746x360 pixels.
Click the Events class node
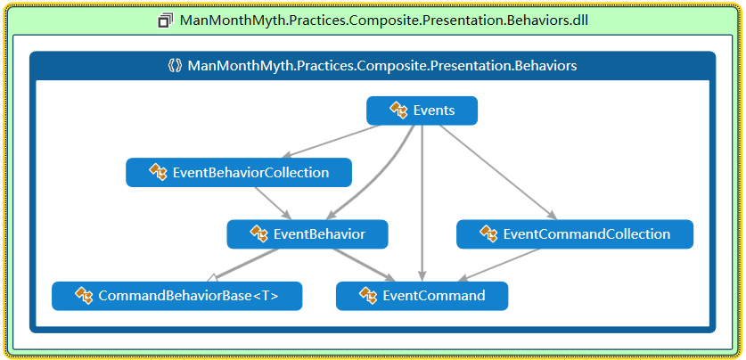422,110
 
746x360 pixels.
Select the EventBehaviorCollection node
239,172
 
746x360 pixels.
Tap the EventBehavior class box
307,234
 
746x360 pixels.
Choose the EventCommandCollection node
575,234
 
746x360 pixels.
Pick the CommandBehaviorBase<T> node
177,296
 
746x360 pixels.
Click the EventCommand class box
422,296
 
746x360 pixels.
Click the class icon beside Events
398,110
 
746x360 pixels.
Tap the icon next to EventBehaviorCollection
158,172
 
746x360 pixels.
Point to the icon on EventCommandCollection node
488,234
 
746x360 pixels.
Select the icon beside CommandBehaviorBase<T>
84,296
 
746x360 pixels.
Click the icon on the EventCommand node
368,296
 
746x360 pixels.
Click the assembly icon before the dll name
166,20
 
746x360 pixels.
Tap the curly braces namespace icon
175,66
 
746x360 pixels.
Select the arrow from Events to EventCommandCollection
497,172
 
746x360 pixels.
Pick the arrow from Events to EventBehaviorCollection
332,142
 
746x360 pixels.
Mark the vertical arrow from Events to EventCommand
422,203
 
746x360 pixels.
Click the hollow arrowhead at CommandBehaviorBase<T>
212,277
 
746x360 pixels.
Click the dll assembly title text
384,20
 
